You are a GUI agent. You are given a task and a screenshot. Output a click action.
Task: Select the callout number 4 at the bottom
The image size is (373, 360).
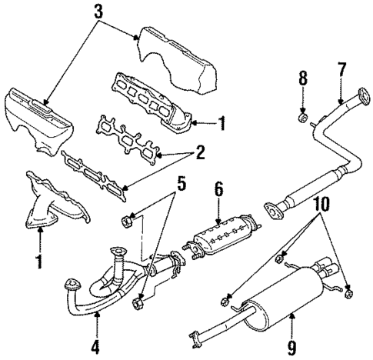(x=95, y=346)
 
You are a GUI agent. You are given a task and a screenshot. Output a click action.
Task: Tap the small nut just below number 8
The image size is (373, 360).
(x=303, y=118)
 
